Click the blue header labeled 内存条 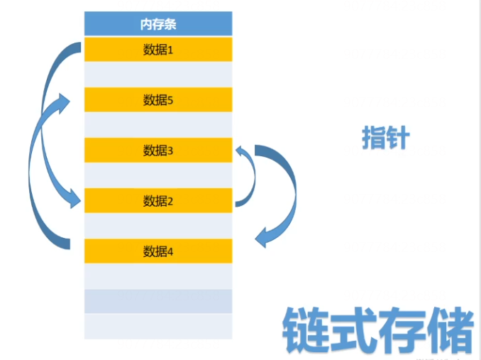point(158,23)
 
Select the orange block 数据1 point(158,50)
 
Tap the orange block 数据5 point(158,99)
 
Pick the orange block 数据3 point(158,150)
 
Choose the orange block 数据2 point(158,200)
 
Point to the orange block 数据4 point(158,251)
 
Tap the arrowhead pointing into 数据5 point(65,103)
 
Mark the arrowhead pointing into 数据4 point(264,239)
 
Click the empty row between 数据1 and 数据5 point(158,75)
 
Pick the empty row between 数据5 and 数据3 point(158,125)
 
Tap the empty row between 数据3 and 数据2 point(158,175)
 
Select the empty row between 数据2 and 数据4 point(158,226)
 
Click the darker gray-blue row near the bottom point(158,301)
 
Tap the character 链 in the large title point(306,328)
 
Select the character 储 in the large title point(449,328)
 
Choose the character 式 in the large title point(354,328)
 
